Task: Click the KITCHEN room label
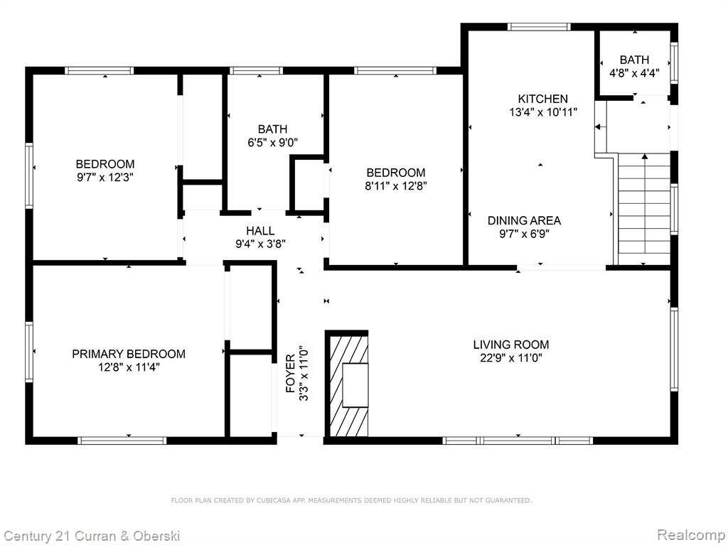pyautogui.click(x=542, y=99)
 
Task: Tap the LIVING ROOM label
pyautogui.click(x=510, y=345)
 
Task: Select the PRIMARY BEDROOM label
pyautogui.click(x=129, y=354)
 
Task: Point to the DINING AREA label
pyautogui.click(x=524, y=220)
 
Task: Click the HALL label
pyautogui.click(x=260, y=231)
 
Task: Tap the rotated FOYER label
pyautogui.click(x=290, y=373)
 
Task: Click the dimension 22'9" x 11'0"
pyautogui.click(x=510, y=358)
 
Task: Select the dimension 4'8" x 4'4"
pyautogui.click(x=634, y=73)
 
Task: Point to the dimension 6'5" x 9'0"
pyautogui.click(x=272, y=142)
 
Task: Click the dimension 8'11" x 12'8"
pyautogui.click(x=395, y=186)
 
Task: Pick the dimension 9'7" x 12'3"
pyautogui.click(x=105, y=178)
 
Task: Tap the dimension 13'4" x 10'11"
pyautogui.click(x=542, y=112)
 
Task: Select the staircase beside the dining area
pyautogui.click(x=644, y=209)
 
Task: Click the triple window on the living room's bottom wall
pyautogui.click(x=518, y=440)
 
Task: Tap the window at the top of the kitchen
pyautogui.click(x=539, y=27)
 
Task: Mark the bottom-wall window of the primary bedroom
pyautogui.click(x=122, y=440)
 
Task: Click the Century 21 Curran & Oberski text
pyautogui.click(x=92, y=536)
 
